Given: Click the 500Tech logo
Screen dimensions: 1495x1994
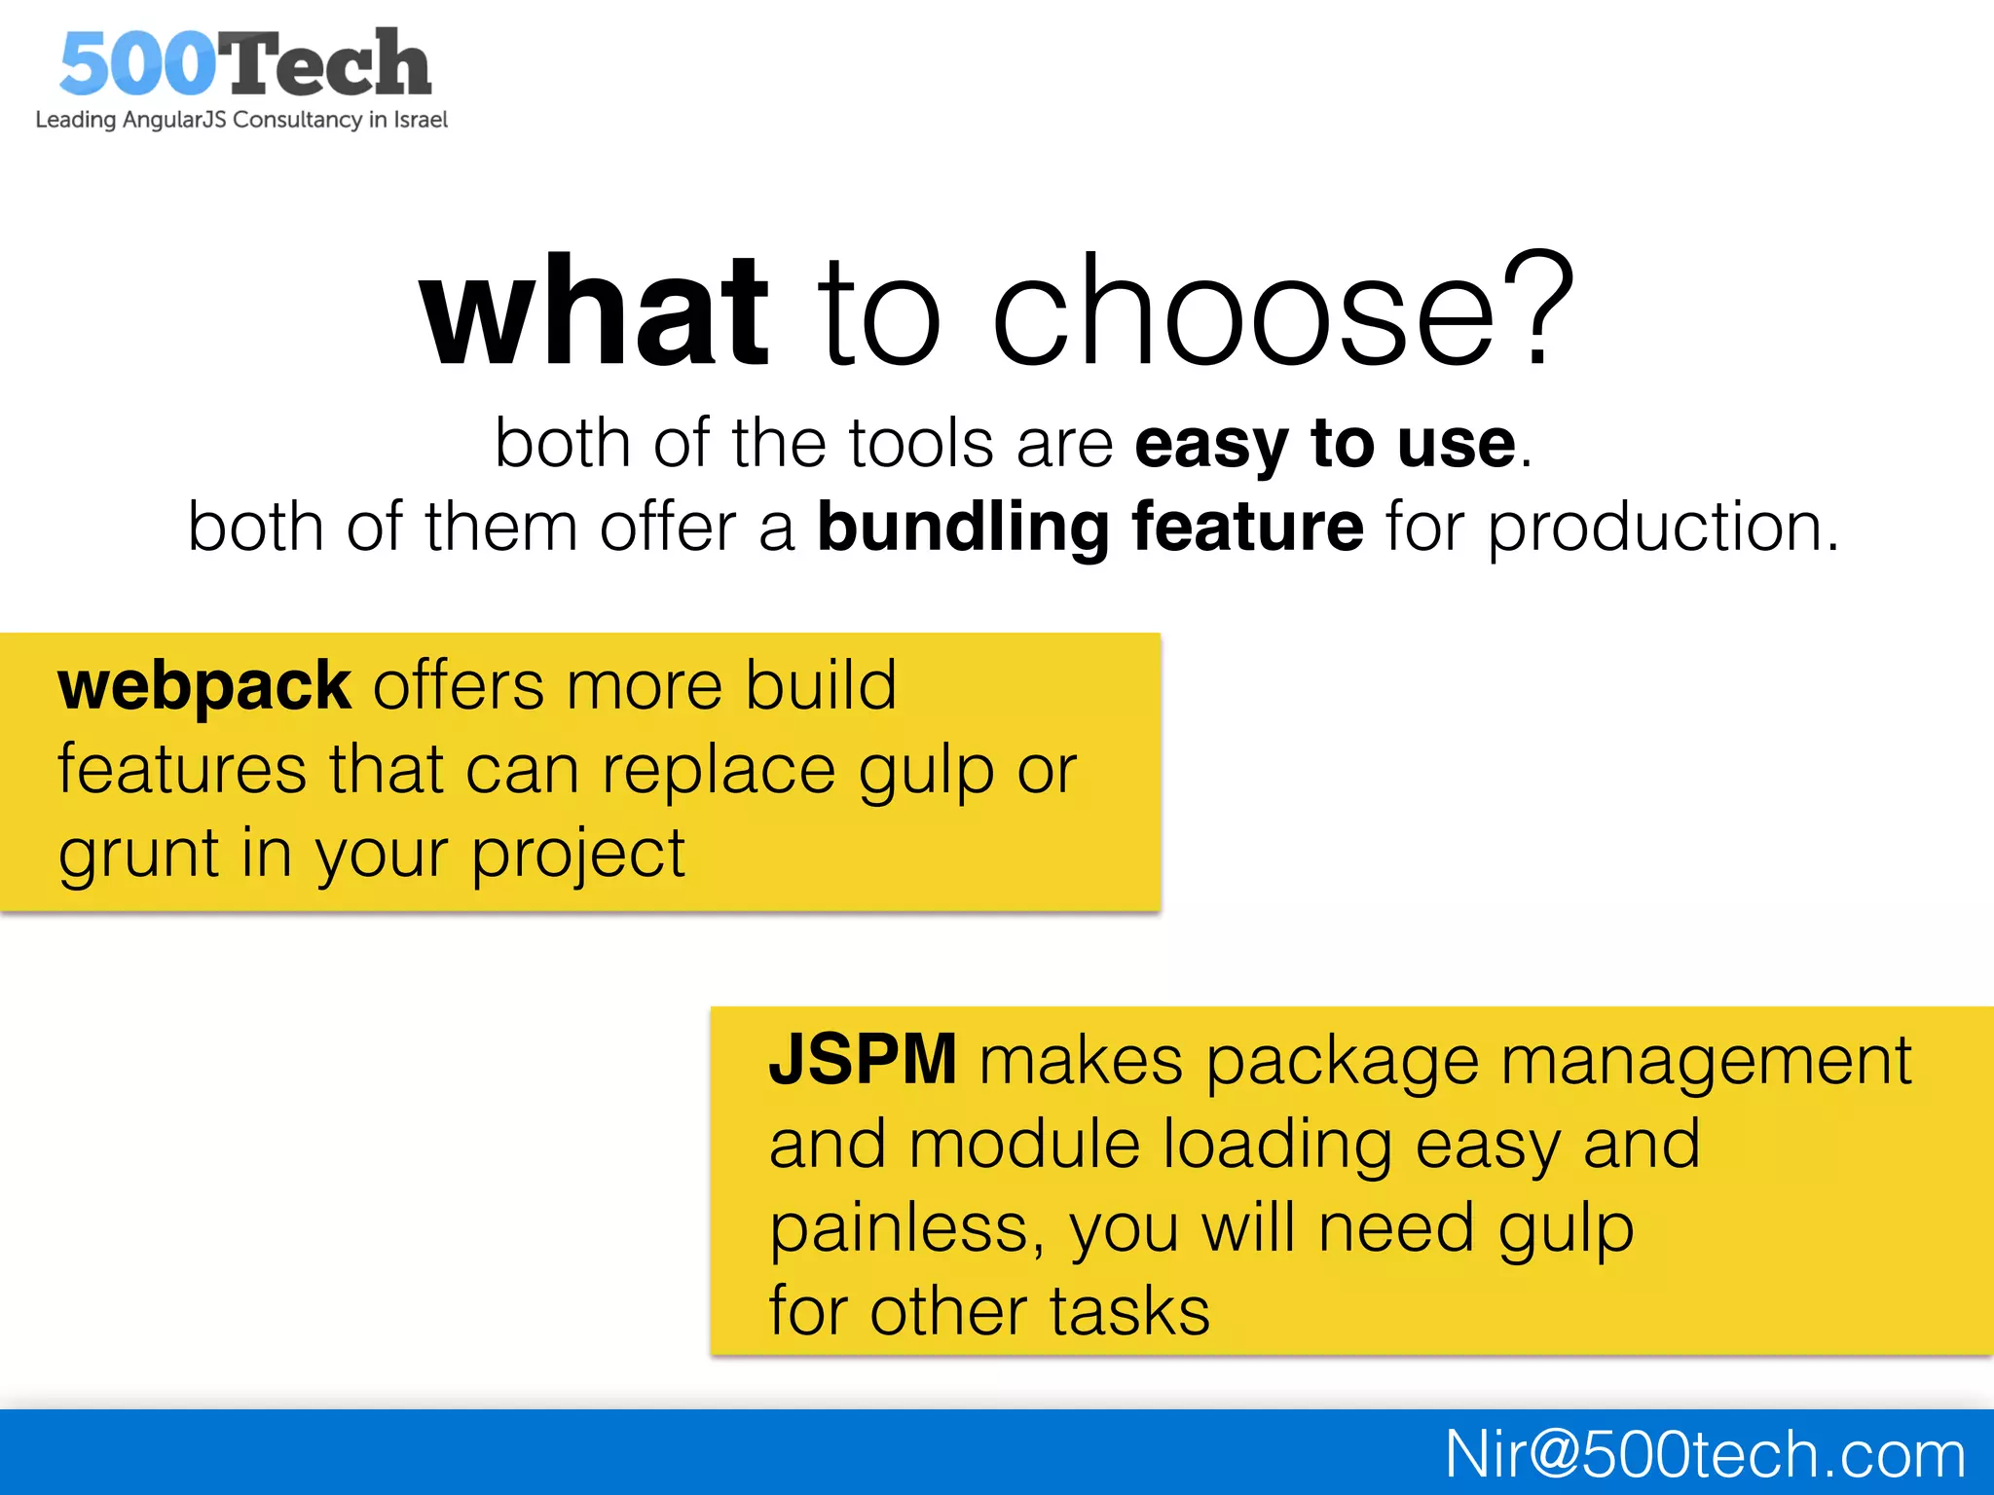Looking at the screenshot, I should click(x=243, y=63).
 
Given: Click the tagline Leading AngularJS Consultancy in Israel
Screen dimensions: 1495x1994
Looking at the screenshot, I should click(x=241, y=120).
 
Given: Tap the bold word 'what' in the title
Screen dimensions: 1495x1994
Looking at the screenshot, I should click(x=594, y=311).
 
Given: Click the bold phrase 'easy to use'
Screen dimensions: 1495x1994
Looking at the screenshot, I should click(x=1325, y=444).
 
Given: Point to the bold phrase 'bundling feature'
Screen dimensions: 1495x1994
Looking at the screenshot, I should click(x=1089, y=528).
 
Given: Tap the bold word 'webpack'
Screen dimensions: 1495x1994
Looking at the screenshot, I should click(x=203, y=686).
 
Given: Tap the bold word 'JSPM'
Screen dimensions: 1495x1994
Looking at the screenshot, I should click(x=863, y=1060).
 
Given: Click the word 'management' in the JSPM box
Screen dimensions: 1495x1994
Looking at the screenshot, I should click(x=1706, y=1061).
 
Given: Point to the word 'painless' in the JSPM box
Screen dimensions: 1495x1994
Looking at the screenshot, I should click(x=898, y=1229).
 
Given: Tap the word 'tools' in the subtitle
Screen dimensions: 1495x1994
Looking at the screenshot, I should click(x=920, y=444).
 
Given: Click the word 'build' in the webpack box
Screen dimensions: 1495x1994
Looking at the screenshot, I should click(x=820, y=686).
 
